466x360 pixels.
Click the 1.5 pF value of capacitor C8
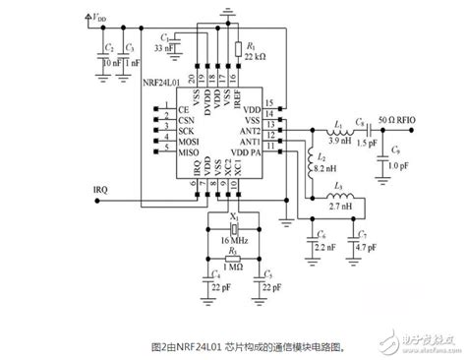tap(363, 143)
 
